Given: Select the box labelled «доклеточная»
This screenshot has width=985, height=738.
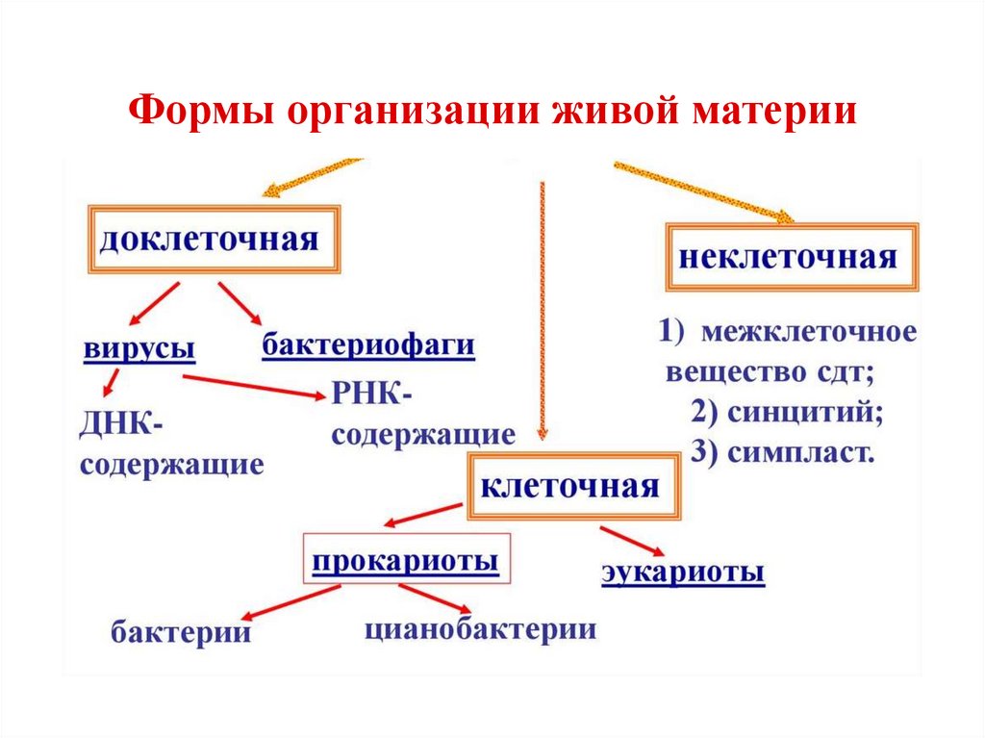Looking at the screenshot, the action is [215, 238].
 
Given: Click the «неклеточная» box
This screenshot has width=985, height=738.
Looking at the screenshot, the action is [793, 257].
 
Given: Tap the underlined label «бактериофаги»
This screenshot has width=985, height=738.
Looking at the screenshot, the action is [369, 345].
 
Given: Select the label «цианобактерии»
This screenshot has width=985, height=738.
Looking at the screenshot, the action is [480, 630].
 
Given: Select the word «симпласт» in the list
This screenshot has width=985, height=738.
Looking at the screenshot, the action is [800, 453].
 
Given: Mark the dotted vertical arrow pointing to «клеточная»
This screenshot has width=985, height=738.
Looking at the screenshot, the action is [542, 308].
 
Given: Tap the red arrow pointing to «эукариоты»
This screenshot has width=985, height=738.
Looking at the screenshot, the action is [630, 540].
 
